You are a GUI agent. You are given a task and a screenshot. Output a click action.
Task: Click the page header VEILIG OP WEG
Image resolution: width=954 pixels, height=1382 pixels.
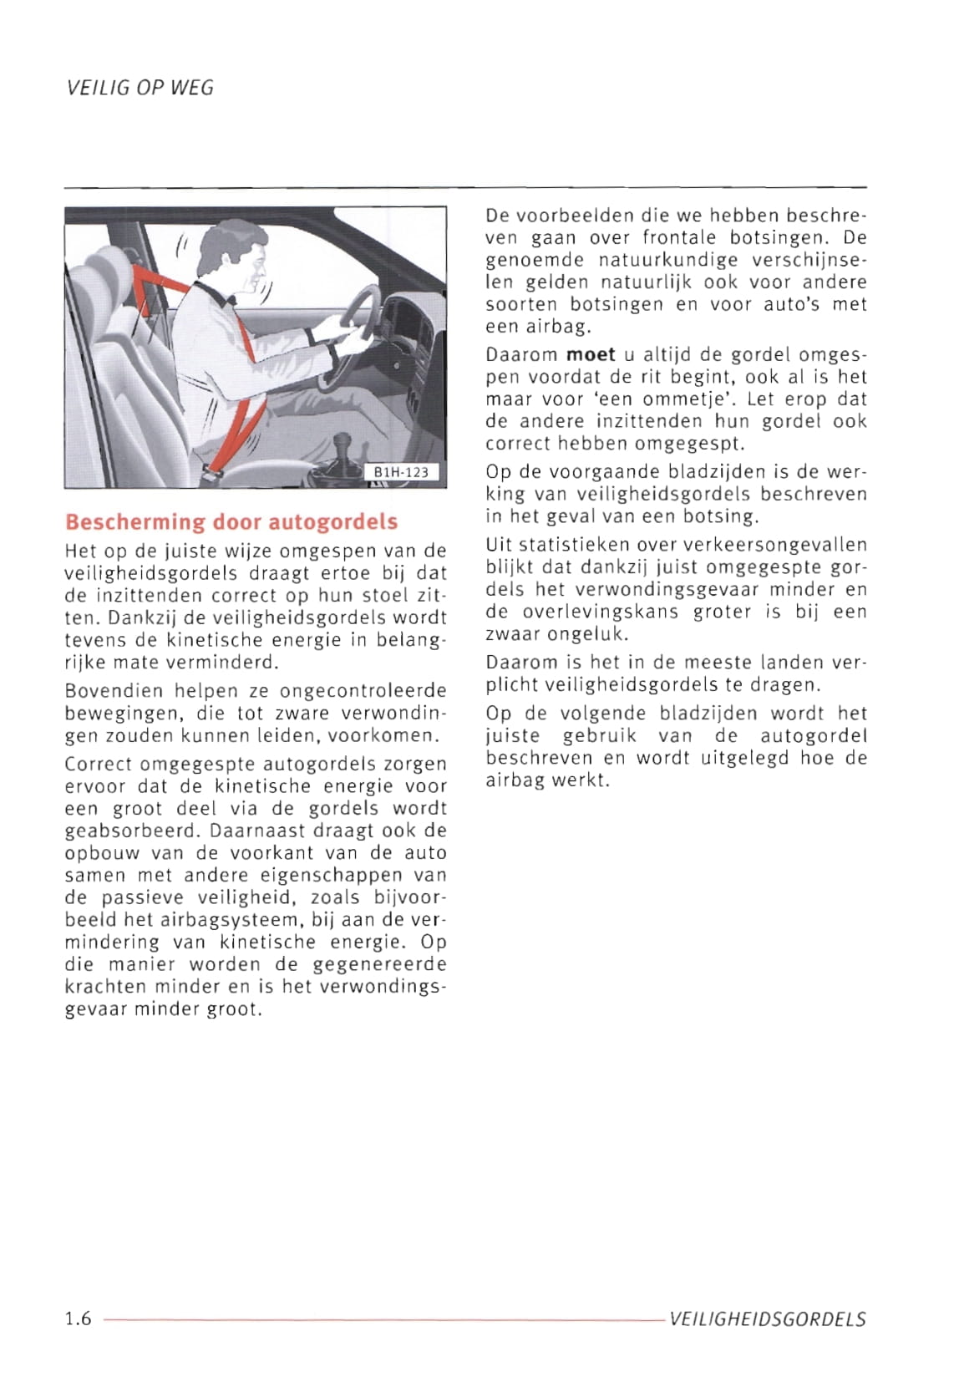point(140,88)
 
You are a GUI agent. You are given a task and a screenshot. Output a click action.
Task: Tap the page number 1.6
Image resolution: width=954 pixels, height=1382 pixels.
point(78,1318)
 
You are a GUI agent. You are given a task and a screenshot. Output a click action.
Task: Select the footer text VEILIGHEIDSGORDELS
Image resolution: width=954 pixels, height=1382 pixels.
point(768,1319)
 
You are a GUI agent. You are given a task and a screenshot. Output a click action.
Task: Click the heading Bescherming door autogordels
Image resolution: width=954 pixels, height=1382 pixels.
point(231,522)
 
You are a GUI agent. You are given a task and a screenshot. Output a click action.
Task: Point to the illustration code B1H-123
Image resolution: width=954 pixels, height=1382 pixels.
point(401,472)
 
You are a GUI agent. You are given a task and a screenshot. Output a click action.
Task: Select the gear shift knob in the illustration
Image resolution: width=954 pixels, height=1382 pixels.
point(342,443)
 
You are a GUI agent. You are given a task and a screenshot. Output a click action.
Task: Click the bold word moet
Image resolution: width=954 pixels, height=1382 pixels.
point(591,354)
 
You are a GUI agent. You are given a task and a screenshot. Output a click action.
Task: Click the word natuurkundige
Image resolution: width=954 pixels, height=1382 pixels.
point(657,260)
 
